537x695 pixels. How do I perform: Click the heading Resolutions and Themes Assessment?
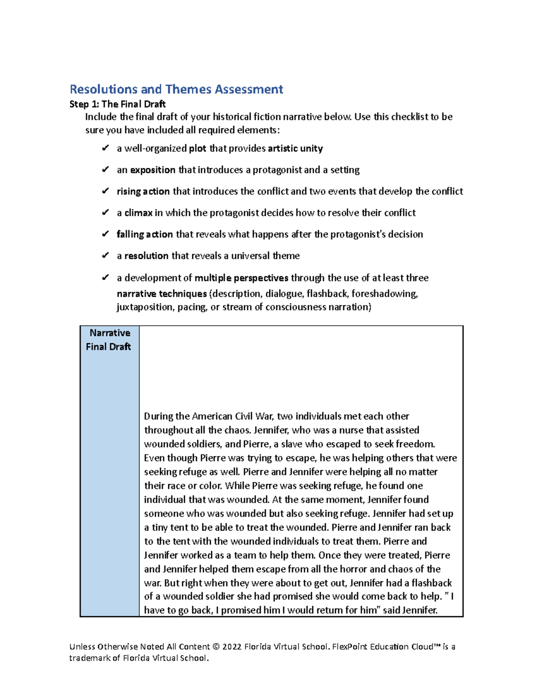[x=176, y=90]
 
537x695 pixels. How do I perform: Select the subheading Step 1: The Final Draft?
[x=117, y=104]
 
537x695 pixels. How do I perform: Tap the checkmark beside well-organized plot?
[x=105, y=148]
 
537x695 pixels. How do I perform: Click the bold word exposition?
[x=153, y=170]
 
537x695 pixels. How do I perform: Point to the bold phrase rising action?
[x=143, y=192]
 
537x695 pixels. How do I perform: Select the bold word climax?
[x=138, y=213]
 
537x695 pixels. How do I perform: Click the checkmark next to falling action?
[x=105, y=234]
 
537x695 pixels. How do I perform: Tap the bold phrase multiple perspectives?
[x=241, y=278]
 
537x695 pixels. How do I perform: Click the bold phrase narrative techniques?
[x=162, y=294]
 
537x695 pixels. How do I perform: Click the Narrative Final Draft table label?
[x=109, y=340]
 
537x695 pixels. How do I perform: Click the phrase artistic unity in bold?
[x=295, y=149]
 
